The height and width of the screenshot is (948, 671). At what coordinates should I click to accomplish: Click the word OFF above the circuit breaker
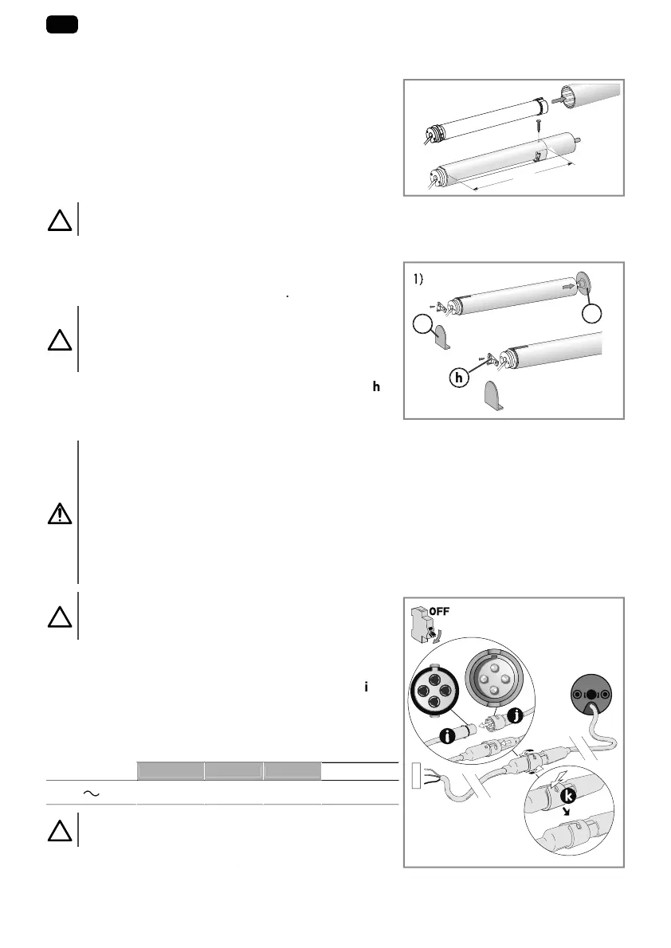coord(440,613)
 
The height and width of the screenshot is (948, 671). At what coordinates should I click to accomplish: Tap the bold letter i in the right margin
coord(365,686)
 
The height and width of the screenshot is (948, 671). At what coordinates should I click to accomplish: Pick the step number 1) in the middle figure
coord(422,279)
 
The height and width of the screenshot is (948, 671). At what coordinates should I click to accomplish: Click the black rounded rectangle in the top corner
coord(61,25)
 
